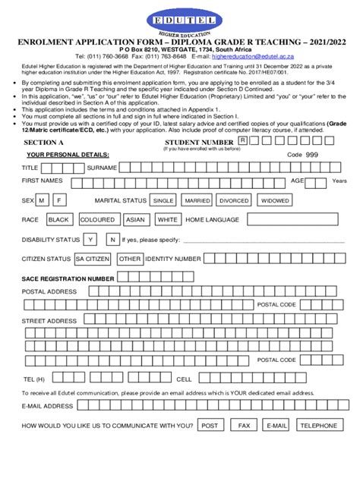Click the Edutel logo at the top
coord(180,18)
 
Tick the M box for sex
coord(43,200)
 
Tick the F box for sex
coord(59,200)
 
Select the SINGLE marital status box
coord(163,200)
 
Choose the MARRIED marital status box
coord(197,200)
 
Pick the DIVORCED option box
coord(234,200)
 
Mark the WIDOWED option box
coord(274,200)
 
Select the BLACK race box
coord(59,219)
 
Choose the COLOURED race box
coord(98,219)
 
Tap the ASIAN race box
coord(136,219)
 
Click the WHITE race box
coord(168,219)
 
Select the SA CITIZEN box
coord(92,259)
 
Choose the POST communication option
coord(211,426)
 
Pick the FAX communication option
coord(244,426)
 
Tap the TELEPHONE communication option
coord(318,426)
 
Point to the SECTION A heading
coord(43,142)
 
